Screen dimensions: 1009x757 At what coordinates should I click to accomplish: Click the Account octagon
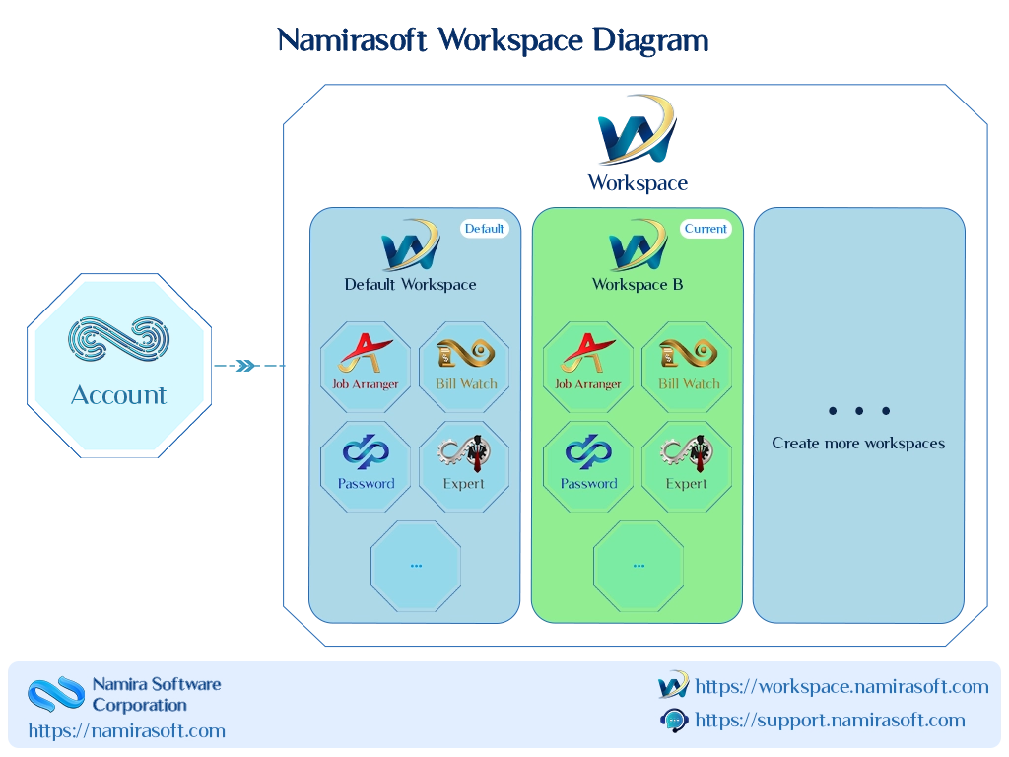click(119, 366)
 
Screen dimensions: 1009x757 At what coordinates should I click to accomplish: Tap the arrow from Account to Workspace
click(249, 366)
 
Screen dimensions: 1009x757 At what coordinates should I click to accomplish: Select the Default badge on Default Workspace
click(484, 229)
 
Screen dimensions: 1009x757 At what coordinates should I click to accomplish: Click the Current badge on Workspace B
click(706, 229)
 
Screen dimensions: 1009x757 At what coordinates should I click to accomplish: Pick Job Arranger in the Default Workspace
click(366, 367)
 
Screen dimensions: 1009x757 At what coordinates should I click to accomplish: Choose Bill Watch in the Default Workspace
click(465, 367)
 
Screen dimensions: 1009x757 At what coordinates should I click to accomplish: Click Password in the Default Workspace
click(366, 466)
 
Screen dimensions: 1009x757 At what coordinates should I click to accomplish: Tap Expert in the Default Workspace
click(465, 466)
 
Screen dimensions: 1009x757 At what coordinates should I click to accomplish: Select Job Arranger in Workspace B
click(588, 367)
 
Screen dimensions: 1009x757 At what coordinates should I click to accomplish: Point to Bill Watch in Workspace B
click(687, 367)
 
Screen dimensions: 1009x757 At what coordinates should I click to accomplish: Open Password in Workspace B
click(588, 466)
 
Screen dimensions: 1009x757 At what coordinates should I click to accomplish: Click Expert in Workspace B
click(687, 466)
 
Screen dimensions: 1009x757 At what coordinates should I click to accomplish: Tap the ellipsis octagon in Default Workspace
click(416, 566)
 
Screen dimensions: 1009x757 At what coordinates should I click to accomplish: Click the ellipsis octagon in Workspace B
click(639, 566)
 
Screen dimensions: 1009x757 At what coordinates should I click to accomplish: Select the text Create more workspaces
click(858, 444)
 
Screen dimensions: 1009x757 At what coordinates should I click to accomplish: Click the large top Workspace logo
click(638, 130)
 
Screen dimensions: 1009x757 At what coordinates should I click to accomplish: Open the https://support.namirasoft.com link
click(830, 721)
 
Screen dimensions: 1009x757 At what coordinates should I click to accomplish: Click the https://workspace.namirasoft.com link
click(841, 687)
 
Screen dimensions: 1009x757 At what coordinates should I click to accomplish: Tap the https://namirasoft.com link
click(127, 731)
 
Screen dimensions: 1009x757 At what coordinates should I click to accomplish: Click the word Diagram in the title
click(650, 40)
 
